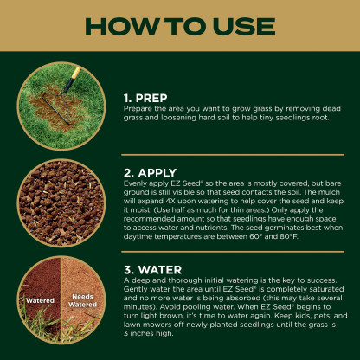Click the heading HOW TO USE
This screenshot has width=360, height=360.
(x=180, y=27)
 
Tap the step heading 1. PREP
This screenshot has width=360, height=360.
(x=145, y=98)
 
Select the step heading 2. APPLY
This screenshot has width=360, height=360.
(x=150, y=173)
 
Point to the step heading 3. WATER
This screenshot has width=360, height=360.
(x=152, y=270)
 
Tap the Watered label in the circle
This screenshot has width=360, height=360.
(x=40, y=300)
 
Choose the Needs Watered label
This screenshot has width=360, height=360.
(x=82, y=300)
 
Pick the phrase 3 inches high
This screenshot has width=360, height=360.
(x=149, y=333)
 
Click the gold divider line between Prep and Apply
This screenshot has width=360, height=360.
(x=233, y=155)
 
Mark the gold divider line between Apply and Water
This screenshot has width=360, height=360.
(x=233, y=252)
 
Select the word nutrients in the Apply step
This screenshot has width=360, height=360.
(x=213, y=228)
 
